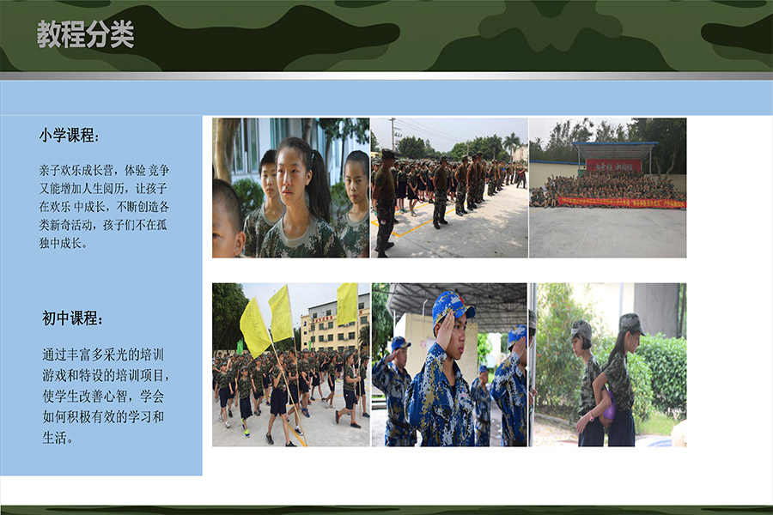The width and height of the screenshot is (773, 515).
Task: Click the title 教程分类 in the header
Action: pyautogui.click(x=85, y=34)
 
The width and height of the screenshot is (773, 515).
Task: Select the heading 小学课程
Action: pyautogui.click(x=69, y=135)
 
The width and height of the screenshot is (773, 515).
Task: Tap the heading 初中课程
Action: pyautogui.click(x=72, y=318)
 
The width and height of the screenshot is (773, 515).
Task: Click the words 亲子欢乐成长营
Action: pyautogui.click(x=76, y=171)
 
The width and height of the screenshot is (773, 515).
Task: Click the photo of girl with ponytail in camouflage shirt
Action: pyautogui.click(x=291, y=188)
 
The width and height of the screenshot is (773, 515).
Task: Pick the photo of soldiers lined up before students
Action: pyautogui.click(x=449, y=188)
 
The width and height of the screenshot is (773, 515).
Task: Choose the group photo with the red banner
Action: pyautogui.click(x=608, y=188)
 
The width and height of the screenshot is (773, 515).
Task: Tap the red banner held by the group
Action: pyautogui.click(x=621, y=202)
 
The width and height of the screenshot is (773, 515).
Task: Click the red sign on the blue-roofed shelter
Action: pyautogui.click(x=614, y=166)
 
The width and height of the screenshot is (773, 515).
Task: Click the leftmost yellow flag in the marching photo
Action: pyautogui.click(x=254, y=327)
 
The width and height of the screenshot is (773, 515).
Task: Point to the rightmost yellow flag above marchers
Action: pyautogui.click(x=348, y=304)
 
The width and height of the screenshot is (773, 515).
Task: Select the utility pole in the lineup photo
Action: pyautogui.click(x=393, y=134)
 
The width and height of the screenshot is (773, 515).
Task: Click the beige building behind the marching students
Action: pyautogui.click(x=335, y=324)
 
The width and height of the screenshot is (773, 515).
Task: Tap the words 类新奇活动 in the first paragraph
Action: pyautogui.click(x=65, y=225)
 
